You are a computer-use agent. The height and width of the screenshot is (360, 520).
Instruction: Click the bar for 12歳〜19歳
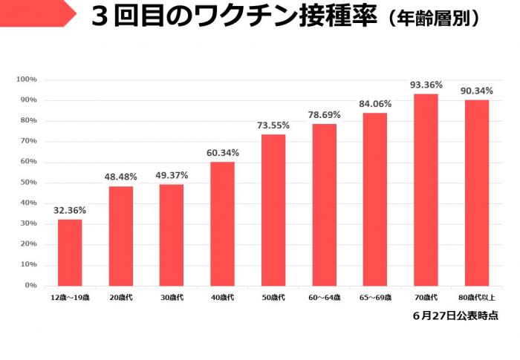[x=70, y=252]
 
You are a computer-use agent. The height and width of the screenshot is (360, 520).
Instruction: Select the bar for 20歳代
[x=121, y=236]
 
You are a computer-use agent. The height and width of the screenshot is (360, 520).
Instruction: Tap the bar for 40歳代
[x=222, y=223]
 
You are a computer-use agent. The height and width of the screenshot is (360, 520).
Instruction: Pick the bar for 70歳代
[x=426, y=189]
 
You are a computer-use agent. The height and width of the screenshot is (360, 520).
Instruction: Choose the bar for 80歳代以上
[x=476, y=192]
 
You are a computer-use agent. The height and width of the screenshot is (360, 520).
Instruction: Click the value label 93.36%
[x=426, y=85]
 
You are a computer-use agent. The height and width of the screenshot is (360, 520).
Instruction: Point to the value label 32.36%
[x=70, y=211]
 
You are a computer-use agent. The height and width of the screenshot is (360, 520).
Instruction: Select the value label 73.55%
[x=273, y=125]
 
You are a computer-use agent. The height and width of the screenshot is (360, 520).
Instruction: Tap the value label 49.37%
[x=172, y=175]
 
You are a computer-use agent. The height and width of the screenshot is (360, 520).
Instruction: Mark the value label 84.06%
[x=375, y=104]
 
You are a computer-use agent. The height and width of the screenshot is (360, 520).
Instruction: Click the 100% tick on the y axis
[x=27, y=79]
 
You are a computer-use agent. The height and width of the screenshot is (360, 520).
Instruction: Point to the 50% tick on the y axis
[x=28, y=183]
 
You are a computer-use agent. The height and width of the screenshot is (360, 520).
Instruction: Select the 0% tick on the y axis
[x=30, y=285]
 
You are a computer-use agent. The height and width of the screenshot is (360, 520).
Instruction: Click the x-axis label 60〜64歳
[x=324, y=298]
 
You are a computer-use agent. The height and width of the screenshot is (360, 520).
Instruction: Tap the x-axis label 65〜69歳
[x=375, y=298]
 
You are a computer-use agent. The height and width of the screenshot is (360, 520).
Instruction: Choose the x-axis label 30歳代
[x=172, y=298]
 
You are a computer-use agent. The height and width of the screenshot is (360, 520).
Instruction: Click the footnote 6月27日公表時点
[x=455, y=315]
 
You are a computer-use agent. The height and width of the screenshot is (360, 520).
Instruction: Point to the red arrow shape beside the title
[x=37, y=13]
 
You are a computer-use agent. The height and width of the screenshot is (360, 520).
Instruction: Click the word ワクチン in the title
[x=215, y=17]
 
